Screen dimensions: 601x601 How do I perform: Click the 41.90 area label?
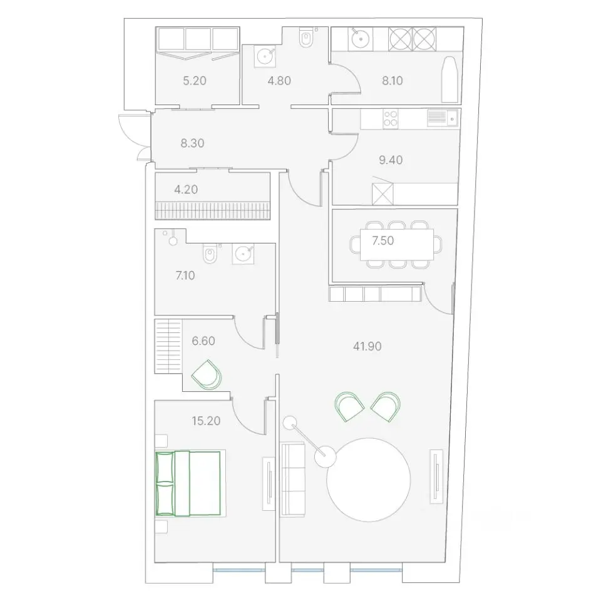coord(367,346)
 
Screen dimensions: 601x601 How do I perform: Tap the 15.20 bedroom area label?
coord(206,421)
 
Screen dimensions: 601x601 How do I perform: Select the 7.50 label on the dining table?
coord(383,240)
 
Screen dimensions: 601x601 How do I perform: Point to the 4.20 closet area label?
coord(186,189)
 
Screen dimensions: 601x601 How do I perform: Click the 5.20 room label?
coord(195,81)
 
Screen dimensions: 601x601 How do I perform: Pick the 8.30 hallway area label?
coord(192,143)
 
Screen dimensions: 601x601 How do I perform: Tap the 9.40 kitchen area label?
coord(391,160)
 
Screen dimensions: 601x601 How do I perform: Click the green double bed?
coord(188,483)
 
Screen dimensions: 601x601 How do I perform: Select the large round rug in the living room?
coord(368,480)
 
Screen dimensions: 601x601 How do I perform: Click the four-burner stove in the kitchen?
coord(391,118)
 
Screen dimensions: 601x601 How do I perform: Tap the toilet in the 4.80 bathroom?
coord(306,38)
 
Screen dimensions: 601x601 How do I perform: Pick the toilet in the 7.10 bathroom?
coord(210,254)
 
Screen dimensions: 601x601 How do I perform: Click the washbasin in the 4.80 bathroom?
coord(264,56)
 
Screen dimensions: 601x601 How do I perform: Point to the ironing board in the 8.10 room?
coord(450,80)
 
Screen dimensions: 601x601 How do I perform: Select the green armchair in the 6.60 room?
coord(207,374)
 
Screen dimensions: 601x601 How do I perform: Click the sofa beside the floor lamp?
coord(292,479)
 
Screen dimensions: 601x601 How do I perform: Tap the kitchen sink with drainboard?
coord(443,118)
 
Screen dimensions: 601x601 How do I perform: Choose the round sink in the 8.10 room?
coord(360,38)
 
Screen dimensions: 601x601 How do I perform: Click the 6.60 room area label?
coord(203,341)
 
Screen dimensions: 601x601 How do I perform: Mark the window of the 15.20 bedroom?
coord(239,570)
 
